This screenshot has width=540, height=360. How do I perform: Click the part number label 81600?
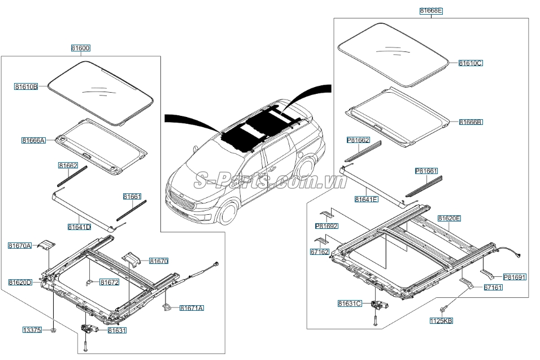tap(80, 49)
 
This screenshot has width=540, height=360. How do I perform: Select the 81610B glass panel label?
tap(26, 86)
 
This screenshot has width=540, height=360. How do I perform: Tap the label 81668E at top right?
tap(431, 10)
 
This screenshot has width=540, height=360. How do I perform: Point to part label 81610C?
tap(470, 63)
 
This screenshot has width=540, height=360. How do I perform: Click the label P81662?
tap(358, 139)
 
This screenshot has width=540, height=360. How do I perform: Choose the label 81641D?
tap(79, 227)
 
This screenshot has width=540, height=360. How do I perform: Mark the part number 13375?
tap(32, 329)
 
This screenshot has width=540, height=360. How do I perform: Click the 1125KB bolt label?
tap(441, 320)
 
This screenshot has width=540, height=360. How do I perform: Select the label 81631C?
tap(350, 303)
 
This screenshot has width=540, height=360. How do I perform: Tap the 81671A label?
tap(191, 307)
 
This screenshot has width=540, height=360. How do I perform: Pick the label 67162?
tap(319, 252)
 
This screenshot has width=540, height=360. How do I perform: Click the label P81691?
tap(515, 277)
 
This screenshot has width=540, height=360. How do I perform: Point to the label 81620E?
tap(449, 218)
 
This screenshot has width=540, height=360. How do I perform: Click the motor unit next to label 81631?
tap(89, 328)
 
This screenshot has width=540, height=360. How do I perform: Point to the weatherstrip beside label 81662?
tap(73, 177)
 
